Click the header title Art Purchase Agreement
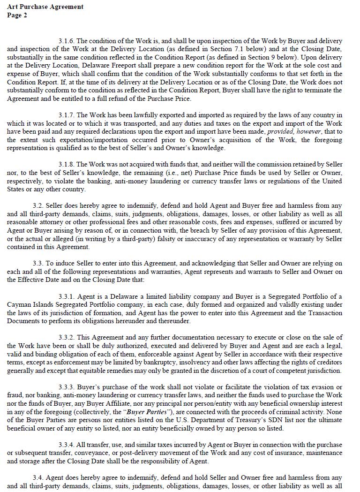[45, 7]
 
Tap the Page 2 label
[17, 15]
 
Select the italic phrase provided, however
[294, 132]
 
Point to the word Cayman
[18, 305]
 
